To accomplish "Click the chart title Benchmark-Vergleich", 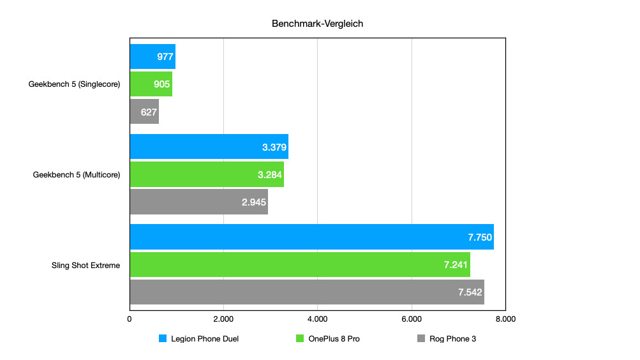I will [x=317, y=24].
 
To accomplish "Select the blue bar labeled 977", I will [x=153, y=57].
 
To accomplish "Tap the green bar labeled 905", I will [x=151, y=84].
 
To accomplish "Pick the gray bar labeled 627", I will [x=144, y=112].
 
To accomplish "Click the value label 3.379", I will [x=274, y=147].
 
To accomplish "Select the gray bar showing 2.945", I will [x=198, y=202].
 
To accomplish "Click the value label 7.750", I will [x=479, y=237].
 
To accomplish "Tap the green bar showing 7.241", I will [x=300, y=264].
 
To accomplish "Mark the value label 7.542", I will [x=470, y=292].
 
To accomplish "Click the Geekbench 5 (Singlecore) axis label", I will [x=74, y=84].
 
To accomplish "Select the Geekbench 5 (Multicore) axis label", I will [x=76, y=174].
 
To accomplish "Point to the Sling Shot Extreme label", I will [x=86, y=265].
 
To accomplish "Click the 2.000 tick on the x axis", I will [x=223, y=319].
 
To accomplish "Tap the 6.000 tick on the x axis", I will [x=412, y=319].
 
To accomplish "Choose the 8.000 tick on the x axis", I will [x=505, y=319].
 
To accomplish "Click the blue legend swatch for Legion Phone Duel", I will [x=163, y=339].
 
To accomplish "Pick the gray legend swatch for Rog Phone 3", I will [x=420, y=339].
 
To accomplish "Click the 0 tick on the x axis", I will [x=130, y=319].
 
